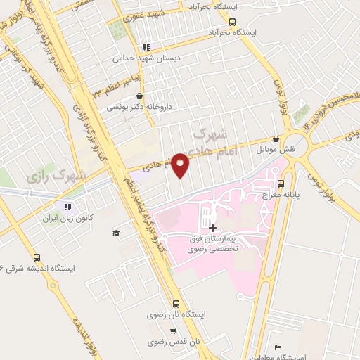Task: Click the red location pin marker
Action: pyautogui.click(x=180, y=165)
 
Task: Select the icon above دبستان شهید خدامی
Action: pyautogui.click(x=146, y=47)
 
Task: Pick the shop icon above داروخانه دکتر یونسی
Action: pyautogui.click(x=139, y=96)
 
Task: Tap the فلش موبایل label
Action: pyautogui.click(x=276, y=150)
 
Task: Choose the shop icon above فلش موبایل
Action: pyautogui.click(x=276, y=139)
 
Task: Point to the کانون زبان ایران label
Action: pyautogui.click(x=67, y=219)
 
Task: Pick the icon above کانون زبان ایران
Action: pyautogui.click(x=68, y=207)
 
